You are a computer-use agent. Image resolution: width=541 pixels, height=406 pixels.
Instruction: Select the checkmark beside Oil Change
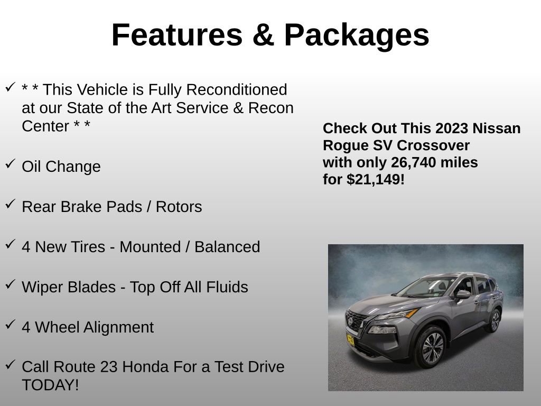10,164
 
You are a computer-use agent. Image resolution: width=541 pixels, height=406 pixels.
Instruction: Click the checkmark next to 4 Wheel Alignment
10,325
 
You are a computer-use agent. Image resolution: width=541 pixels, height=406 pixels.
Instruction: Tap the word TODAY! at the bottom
50,385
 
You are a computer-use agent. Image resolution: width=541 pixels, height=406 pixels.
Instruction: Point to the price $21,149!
376,179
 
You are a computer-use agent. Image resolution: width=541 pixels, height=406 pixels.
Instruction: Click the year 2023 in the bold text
452,128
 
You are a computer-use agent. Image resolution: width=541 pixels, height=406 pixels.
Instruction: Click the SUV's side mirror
463,294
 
